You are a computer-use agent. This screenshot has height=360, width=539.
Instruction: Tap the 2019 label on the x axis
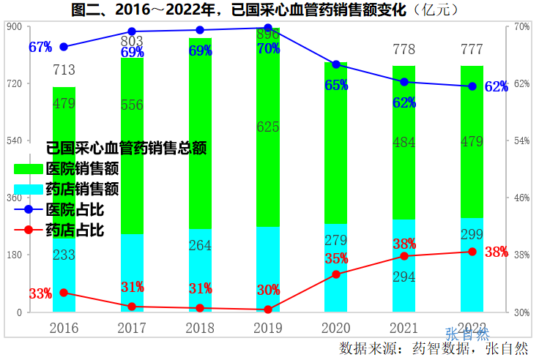pos(268,328)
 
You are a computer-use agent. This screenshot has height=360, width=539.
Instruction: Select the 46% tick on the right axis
pos(521,198)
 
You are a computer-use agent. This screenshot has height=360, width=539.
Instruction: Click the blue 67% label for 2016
pos(40,47)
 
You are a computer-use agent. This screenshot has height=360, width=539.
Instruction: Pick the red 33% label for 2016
pos(40,293)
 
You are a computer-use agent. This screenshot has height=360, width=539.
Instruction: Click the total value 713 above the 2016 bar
pos(64,71)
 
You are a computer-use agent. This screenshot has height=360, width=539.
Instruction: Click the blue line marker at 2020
pos(336,64)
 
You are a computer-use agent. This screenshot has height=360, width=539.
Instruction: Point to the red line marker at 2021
pos(404,256)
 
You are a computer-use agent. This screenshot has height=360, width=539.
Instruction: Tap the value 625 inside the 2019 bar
pos(268,127)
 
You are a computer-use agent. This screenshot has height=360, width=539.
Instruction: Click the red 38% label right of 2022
pos(497,252)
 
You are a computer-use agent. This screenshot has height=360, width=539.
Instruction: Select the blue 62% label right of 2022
pos(497,87)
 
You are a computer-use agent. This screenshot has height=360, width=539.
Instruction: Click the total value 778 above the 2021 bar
pos(404,50)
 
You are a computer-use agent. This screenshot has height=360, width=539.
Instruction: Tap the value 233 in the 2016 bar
pos(64,255)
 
